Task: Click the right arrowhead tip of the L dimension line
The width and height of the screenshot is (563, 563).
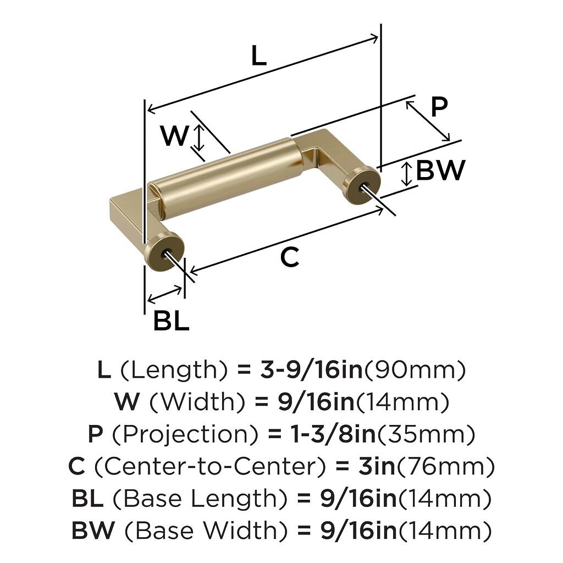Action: pos(378,37)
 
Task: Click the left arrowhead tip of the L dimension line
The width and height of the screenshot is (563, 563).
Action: pos(147,109)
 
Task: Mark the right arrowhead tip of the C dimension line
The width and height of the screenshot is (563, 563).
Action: pos(383,208)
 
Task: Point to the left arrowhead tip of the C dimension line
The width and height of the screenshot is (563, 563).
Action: pos(189,272)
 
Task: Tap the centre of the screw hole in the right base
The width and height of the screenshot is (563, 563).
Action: pos(364,186)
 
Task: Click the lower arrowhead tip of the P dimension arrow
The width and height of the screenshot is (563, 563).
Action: pos(450,141)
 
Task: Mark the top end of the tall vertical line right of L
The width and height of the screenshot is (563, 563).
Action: pos(380,24)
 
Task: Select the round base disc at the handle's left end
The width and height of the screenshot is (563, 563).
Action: pos(164,251)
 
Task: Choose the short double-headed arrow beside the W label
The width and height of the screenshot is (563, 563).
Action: pos(200,137)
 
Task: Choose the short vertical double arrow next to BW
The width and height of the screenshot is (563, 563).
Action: pos(406,174)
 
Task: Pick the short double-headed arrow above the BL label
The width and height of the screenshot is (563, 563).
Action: pos(165,294)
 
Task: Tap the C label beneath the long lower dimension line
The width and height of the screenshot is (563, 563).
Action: pos(289,257)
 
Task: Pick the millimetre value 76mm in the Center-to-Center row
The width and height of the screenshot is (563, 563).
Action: pos(445,466)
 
